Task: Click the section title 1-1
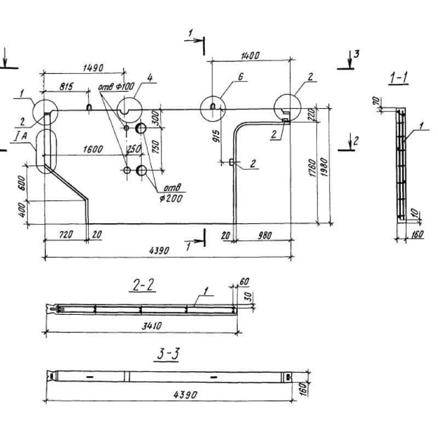coord(398,78)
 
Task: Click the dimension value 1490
coord(93,67)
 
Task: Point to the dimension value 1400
coord(249,55)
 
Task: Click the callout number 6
coord(240,78)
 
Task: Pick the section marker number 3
coord(356,53)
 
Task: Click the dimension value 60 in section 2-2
coord(244,281)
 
